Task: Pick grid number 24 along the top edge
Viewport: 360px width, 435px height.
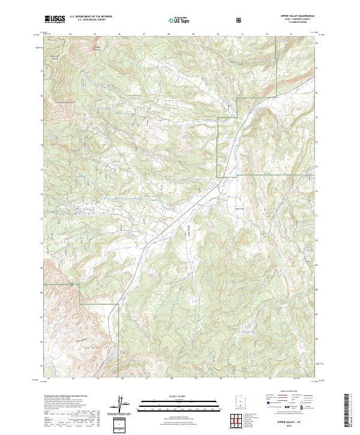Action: (70, 34)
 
